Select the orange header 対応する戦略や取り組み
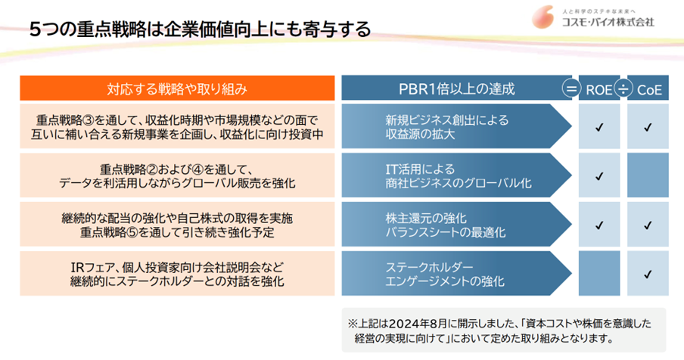point(177,89)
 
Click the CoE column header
point(648,89)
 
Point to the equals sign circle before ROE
point(570,89)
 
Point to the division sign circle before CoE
point(623,89)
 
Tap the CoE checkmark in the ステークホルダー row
point(648,274)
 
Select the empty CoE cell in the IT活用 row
point(648,175)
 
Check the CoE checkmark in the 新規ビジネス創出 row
point(648,127)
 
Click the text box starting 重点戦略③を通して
point(177,127)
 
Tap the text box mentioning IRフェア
point(177,274)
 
